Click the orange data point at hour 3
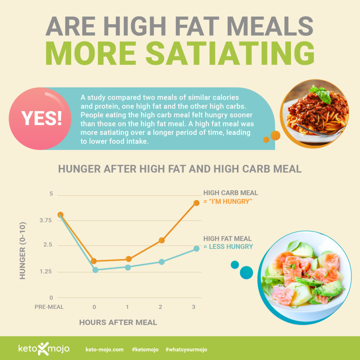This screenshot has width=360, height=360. tap(197, 203)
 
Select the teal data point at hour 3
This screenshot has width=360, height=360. tap(197, 249)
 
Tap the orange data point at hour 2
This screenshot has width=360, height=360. tap(162, 240)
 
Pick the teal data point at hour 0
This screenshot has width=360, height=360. tap(95, 270)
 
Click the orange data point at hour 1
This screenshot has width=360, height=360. tap(128, 259)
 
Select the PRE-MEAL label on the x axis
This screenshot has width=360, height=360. tap(49, 307)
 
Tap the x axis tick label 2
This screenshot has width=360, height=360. tap(160, 307)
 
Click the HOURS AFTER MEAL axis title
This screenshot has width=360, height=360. tap(118, 322)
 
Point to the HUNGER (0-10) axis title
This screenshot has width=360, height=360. tap(23, 250)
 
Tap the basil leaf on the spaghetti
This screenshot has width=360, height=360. tap(321, 94)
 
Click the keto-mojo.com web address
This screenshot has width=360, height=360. tap(104, 349)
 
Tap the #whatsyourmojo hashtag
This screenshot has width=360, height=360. tap(186, 349)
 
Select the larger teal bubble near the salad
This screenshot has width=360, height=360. tap(246, 272)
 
